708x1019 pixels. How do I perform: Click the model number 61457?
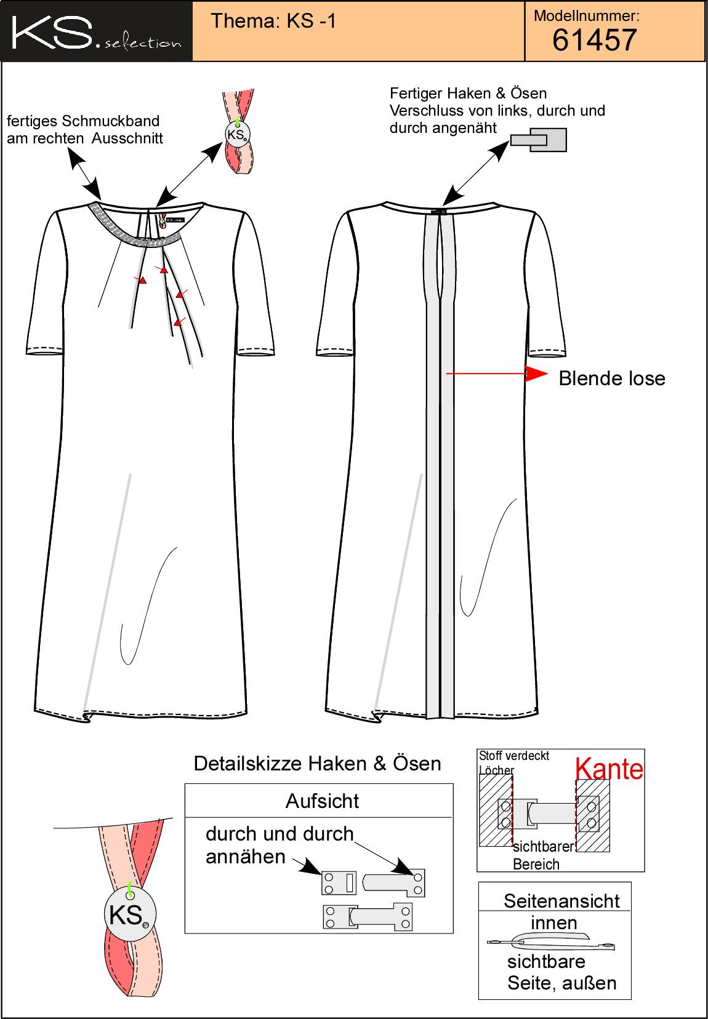(x=594, y=40)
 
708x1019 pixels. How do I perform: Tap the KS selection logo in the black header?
(x=96, y=33)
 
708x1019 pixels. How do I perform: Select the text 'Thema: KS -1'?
(x=273, y=21)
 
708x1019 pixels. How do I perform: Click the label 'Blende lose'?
(x=612, y=378)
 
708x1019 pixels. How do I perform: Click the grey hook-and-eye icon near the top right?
(x=539, y=140)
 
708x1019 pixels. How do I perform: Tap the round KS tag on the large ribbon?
(x=130, y=914)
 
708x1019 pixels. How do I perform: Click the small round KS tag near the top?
(x=238, y=135)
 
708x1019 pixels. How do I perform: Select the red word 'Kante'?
(x=609, y=769)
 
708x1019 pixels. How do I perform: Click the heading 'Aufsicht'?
(x=322, y=801)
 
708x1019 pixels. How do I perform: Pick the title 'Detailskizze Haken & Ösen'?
(x=318, y=764)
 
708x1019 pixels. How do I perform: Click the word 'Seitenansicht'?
(x=561, y=901)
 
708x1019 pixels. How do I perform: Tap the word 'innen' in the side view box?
(x=553, y=923)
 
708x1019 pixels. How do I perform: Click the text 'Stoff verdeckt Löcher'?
(x=513, y=763)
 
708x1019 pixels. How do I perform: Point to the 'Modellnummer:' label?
(x=587, y=16)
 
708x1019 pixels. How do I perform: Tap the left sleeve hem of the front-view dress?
(x=44, y=351)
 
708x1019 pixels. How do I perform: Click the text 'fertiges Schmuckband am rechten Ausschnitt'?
(x=84, y=130)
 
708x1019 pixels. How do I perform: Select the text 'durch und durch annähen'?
(x=280, y=845)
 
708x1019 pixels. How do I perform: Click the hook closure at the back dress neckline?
(x=440, y=212)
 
